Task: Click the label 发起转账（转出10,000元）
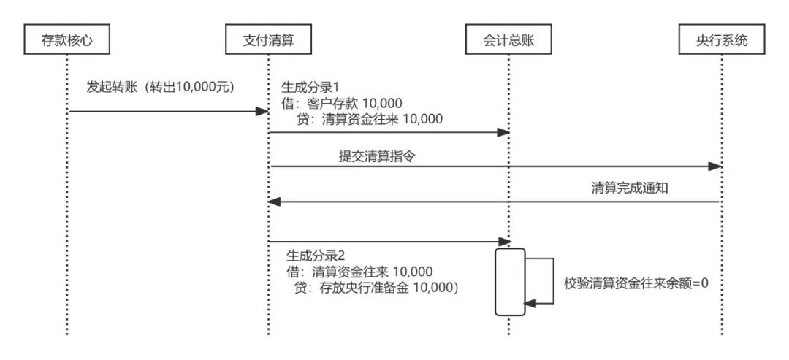point(160,87)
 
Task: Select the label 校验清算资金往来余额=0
point(636,282)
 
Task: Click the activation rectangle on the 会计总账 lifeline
point(510,282)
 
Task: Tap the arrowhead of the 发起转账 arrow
point(262,111)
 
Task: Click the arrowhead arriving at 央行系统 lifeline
point(716,166)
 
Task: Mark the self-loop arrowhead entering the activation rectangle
point(530,302)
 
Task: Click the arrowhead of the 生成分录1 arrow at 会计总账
point(503,132)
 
